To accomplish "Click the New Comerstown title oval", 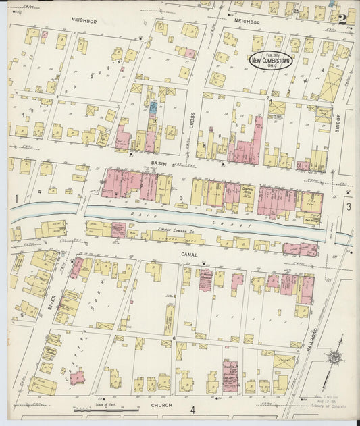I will pyautogui.click(x=272, y=59).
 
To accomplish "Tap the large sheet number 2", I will pyautogui.click(x=342, y=19).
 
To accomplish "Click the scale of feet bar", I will pyautogui.click(x=97, y=408).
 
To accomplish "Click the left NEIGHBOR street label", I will pyautogui.click(x=84, y=21).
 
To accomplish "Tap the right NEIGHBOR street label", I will pyautogui.click(x=247, y=22).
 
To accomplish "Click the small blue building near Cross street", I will pyautogui.click(x=153, y=107).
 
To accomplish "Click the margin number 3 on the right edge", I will pyautogui.click(x=349, y=207).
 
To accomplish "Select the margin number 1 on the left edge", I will pyautogui.click(x=14, y=198).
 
